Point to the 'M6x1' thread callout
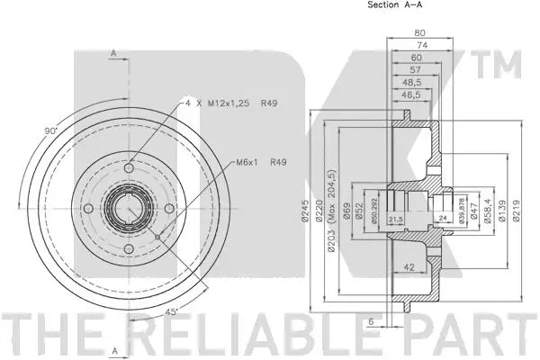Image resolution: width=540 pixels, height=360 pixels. click(x=248, y=163)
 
